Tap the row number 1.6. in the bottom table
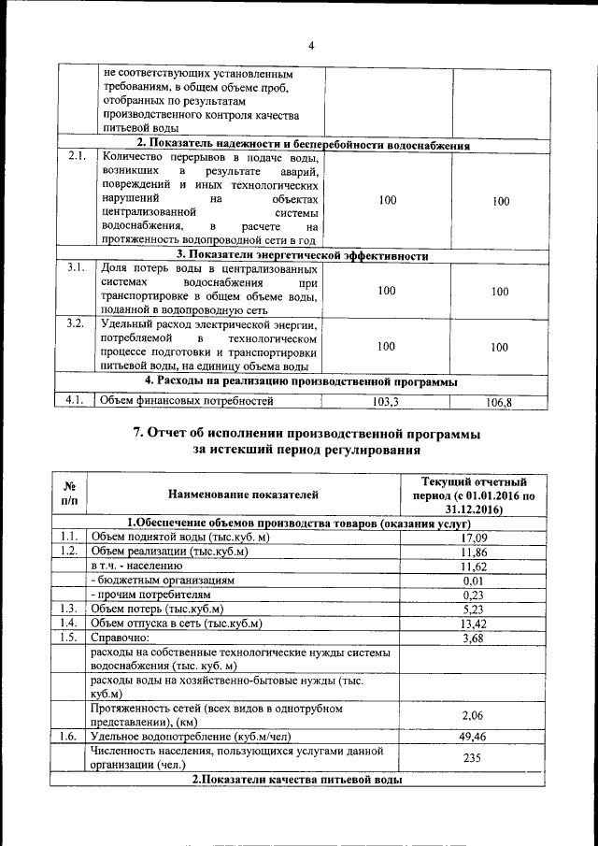67,737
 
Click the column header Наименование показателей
243,494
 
